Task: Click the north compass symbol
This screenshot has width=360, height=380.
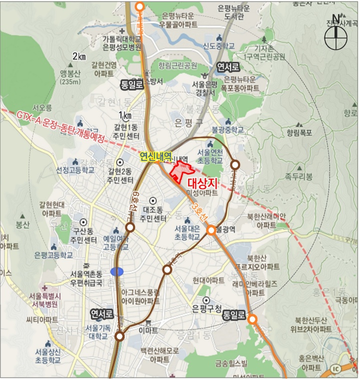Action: (335, 36)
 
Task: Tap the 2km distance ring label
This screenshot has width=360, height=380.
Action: (78, 56)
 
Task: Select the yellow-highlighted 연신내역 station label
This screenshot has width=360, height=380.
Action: (156, 156)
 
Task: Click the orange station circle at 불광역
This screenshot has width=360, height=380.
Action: (211, 230)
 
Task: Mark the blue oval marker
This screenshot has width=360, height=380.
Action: (117, 271)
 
